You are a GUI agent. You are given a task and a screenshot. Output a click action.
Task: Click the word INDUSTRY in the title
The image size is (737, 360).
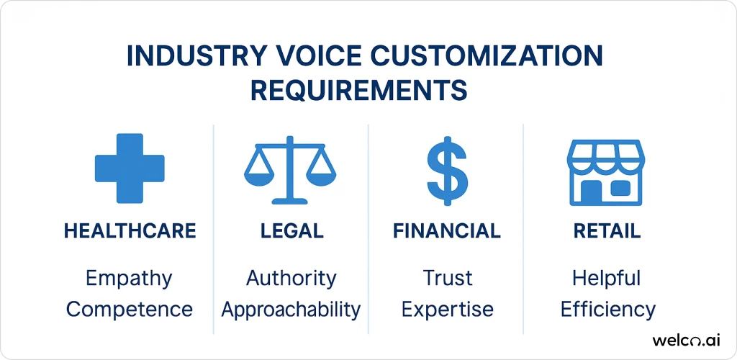point(194,57)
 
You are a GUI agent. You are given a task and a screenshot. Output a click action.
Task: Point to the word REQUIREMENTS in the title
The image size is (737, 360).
point(358,90)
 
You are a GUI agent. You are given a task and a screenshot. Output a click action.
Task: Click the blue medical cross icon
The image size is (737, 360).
point(130,168)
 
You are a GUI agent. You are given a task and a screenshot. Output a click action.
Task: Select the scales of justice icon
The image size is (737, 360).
point(290,170)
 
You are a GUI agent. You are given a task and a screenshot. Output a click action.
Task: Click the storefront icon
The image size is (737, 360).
point(606,173)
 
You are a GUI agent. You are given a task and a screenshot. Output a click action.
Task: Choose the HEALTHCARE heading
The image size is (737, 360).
point(130,231)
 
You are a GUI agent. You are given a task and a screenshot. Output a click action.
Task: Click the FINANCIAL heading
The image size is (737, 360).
point(446,231)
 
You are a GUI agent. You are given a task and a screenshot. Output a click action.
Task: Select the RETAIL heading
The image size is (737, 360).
point(607,231)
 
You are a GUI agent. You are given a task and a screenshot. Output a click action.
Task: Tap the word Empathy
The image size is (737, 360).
point(130,279)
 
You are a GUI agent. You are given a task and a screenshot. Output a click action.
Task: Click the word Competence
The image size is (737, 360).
point(130,310)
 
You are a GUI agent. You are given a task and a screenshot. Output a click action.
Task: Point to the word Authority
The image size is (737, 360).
point(291,279)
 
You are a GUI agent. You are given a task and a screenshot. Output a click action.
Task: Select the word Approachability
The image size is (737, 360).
point(291,310)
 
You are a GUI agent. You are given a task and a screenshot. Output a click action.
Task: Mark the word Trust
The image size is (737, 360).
point(446,279)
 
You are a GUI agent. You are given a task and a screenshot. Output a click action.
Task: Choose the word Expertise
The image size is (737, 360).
point(448,310)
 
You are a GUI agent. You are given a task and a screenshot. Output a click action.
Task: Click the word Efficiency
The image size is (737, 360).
point(608,310)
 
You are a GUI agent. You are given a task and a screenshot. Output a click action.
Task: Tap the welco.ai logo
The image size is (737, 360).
point(686,341)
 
